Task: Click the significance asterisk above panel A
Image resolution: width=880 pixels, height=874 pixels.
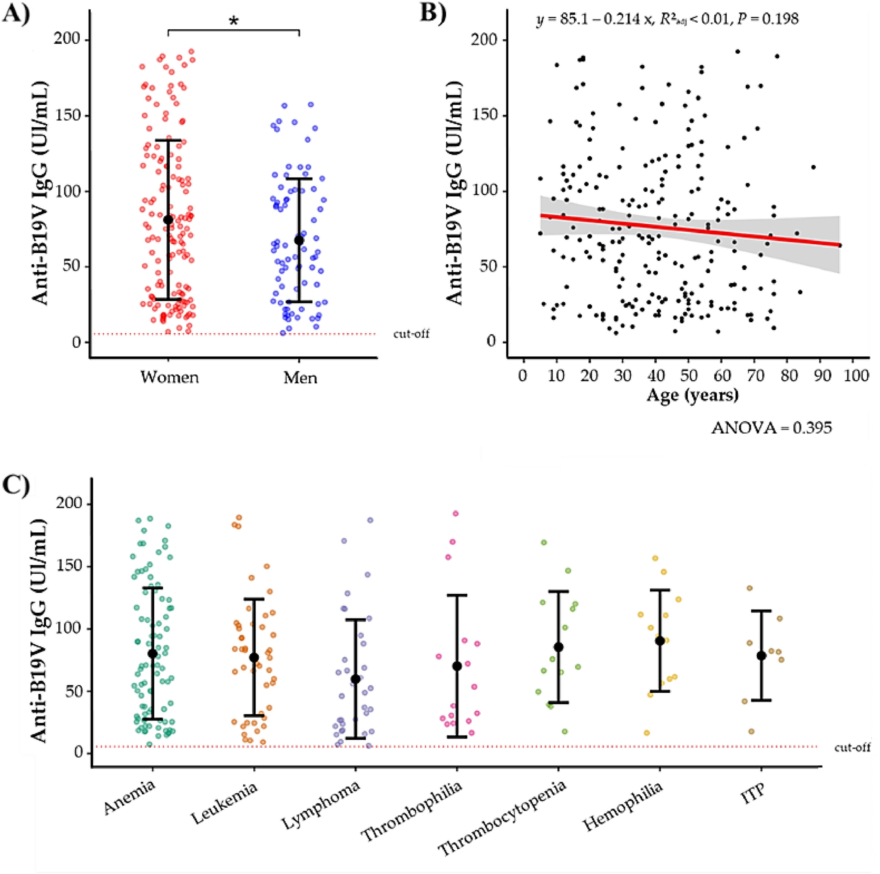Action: tap(234, 21)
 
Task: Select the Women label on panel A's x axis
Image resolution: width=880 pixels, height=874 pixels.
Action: tap(170, 377)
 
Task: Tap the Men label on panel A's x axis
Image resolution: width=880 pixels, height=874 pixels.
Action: tap(300, 377)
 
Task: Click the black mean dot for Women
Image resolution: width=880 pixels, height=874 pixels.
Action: tap(168, 219)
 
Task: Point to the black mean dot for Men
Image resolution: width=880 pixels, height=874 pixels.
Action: tap(299, 240)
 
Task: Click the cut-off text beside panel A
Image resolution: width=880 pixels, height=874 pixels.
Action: tap(411, 334)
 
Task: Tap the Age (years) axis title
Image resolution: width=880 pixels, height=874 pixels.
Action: tap(692, 394)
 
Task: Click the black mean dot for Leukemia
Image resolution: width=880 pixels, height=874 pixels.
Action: tap(254, 657)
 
